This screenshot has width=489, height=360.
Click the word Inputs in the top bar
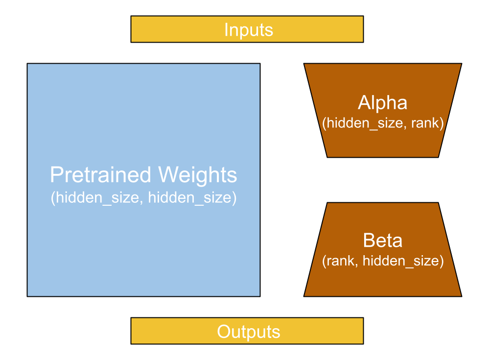coord(248,30)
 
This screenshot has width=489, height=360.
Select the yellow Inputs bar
coord(162,29)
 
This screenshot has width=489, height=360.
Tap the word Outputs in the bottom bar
coord(248,332)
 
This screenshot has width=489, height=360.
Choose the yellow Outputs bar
coord(162,331)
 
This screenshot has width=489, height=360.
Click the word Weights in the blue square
coord(197,175)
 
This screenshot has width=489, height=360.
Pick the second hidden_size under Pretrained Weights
coord(189,198)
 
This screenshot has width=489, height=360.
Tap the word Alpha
coord(383,103)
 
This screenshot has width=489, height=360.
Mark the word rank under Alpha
coord(426,123)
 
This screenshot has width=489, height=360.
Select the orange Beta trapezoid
coord(383,282)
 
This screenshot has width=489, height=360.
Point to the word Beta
coord(383,240)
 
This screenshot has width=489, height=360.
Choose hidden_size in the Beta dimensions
coord(401,261)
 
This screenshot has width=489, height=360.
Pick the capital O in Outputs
coord(224,332)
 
